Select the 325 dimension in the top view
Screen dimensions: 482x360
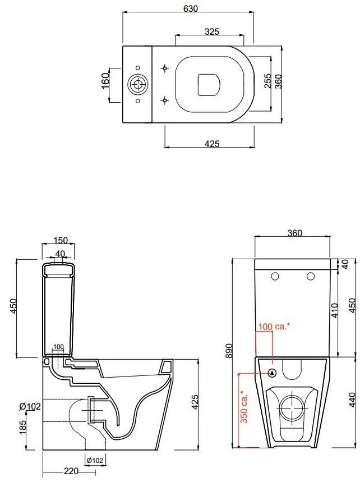click(211, 32)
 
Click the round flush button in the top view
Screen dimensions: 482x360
click(137, 84)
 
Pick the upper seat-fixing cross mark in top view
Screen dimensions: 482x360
click(164, 68)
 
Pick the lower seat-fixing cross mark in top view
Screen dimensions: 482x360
click(164, 100)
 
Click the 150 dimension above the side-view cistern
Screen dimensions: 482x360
click(61, 240)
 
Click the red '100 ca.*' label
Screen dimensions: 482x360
click(274, 326)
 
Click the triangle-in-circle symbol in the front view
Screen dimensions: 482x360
click(272, 372)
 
